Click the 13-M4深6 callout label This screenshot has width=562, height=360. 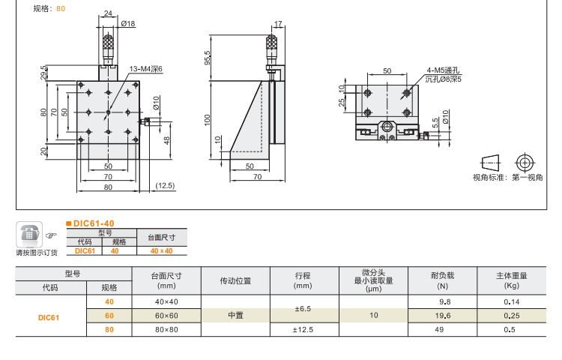pos(146,69)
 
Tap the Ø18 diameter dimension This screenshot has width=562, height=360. pos(129,24)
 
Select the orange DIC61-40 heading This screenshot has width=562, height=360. pos(93,223)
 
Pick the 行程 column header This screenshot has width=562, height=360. pos(303,276)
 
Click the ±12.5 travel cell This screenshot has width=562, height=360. pos(303,329)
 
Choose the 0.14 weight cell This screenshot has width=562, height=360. pos(510,301)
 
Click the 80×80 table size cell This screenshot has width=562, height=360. pos(166,329)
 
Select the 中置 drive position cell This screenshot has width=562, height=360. pos(235,316)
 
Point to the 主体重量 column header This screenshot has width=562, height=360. pos(510,276)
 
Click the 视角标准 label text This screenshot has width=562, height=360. pos(489,178)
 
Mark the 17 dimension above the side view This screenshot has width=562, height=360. pos(278,24)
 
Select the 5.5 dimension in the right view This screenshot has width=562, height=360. pos(435,121)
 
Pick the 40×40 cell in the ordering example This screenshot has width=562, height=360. pos(161,251)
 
